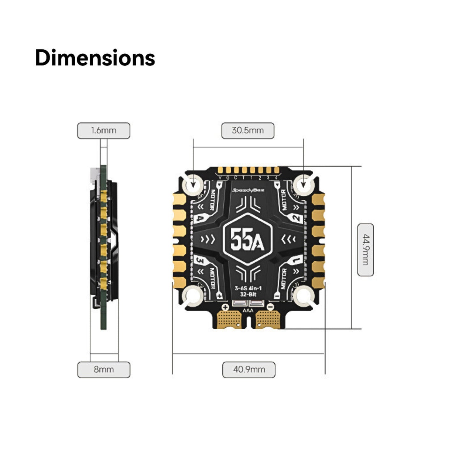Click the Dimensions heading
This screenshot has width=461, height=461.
(x=95, y=58)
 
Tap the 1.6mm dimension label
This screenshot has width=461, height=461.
(x=103, y=130)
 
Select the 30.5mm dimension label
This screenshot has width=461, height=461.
(x=248, y=130)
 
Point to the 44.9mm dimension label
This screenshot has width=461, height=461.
(x=365, y=250)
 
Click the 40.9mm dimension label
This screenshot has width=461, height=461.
(x=249, y=370)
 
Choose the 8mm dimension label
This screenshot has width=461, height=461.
(x=104, y=370)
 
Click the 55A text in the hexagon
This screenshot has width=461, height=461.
(x=247, y=239)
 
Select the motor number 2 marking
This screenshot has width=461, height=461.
(x=296, y=219)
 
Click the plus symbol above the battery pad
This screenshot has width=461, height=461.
(x=225, y=308)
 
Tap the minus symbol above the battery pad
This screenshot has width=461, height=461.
(x=270, y=308)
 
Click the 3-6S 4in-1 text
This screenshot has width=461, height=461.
(x=248, y=288)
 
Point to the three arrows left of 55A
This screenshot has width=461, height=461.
(x=208, y=239)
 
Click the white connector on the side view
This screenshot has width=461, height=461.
(x=95, y=174)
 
